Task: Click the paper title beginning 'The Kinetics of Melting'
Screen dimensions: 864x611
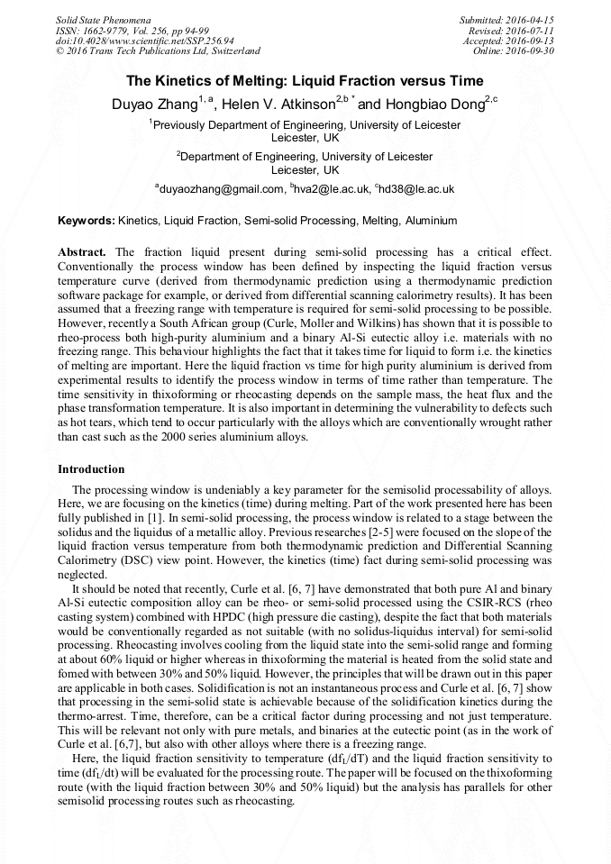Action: (305, 80)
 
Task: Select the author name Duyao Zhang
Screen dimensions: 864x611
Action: (156, 105)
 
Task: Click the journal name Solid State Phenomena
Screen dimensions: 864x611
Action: (103, 19)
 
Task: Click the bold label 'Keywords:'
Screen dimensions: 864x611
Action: (87, 221)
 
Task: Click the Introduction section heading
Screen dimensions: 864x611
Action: (91, 469)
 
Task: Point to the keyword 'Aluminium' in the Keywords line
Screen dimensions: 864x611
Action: (431, 221)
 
